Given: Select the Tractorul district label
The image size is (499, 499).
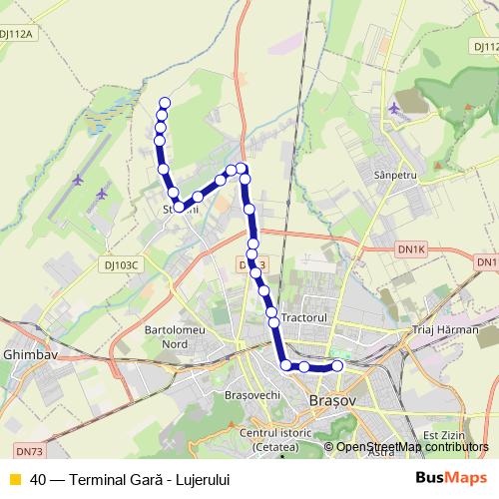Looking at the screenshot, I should coord(304,316).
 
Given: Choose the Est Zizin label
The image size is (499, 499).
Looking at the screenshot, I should coord(444,435).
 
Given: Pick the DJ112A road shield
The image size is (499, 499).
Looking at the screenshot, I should coord(17,33).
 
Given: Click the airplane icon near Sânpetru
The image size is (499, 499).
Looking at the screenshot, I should coord(397,107).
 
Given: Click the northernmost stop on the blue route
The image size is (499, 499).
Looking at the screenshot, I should coord(165,103).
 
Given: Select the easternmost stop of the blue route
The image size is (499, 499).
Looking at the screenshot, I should coord(337,366).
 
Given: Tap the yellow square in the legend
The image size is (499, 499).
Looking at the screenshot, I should coord(14,479).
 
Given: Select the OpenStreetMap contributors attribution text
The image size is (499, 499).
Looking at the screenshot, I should coord(412,446).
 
